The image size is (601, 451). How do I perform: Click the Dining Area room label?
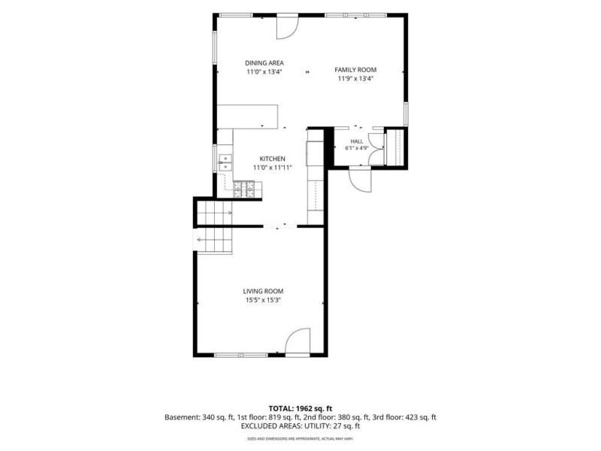pyautogui.click(x=264, y=63)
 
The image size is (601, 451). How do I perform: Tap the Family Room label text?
pyautogui.click(x=355, y=70)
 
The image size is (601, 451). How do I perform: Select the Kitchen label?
pyautogui.click(x=273, y=159)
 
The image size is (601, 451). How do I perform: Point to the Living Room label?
pyautogui.click(x=264, y=292)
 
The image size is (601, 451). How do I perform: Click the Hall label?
pyautogui.click(x=356, y=141)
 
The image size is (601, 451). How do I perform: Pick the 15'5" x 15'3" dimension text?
pyautogui.click(x=264, y=301)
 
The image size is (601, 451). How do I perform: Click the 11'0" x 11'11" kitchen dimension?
pyautogui.click(x=273, y=168)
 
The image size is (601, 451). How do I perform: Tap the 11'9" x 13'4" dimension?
pyautogui.click(x=355, y=79)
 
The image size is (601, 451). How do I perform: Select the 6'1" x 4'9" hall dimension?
pyautogui.click(x=356, y=148)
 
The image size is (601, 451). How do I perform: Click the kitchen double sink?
pyautogui.click(x=225, y=162)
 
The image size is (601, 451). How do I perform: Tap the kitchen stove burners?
pyautogui.click(x=243, y=189)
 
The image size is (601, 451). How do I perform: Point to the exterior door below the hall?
pyautogui.click(x=361, y=180)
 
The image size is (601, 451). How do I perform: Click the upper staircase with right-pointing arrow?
pyautogui.click(x=215, y=213)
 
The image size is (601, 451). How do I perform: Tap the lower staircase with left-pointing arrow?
pyautogui.click(x=213, y=241)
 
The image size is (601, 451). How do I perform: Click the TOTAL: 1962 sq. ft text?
pyautogui.click(x=300, y=408)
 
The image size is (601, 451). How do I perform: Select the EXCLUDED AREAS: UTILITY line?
pyautogui.click(x=300, y=425)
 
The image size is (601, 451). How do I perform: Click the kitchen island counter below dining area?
pyautogui.click(x=248, y=117)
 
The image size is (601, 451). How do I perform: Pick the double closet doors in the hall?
pyautogui.click(x=376, y=149)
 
